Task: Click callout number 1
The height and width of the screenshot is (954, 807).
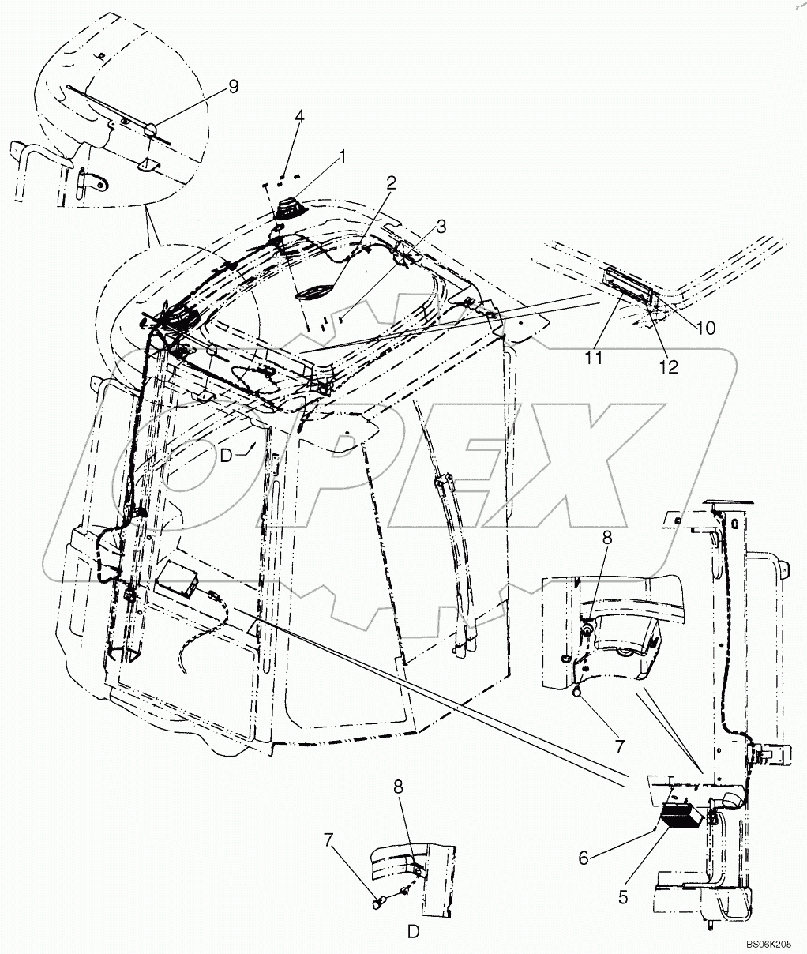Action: click(343, 157)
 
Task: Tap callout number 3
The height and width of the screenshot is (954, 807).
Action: click(441, 227)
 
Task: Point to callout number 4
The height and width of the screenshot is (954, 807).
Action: click(299, 118)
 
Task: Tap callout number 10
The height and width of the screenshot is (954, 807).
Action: click(705, 327)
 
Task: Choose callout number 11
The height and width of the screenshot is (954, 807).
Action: click(594, 358)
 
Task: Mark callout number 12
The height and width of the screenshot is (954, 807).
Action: click(669, 368)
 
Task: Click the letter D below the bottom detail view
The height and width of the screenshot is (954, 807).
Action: click(413, 932)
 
